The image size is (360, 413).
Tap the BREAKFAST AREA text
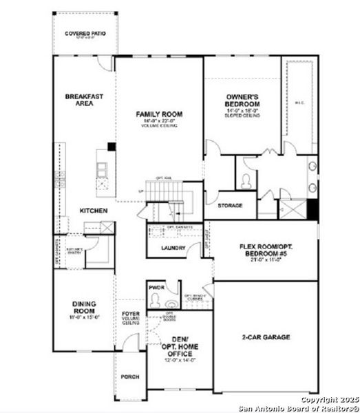pyautogui.click(x=84, y=100)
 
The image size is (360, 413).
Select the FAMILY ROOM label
pyautogui.click(x=158, y=114)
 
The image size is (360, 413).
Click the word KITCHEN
pyautogui.click(x=94, y=211)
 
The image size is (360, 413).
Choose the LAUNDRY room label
pyautogui.click(x=173, y=248)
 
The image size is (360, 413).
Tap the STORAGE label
pyautogui.click(x=229, y=206)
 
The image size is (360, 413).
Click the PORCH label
pyautogui.click(x=130, y=377)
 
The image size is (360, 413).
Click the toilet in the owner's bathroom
pyautogui.click(x=246, y=180)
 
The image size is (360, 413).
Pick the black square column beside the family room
pyautogui.click(x=110, y=147)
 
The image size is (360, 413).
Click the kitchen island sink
pyautogui.click(x=102, y=168)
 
